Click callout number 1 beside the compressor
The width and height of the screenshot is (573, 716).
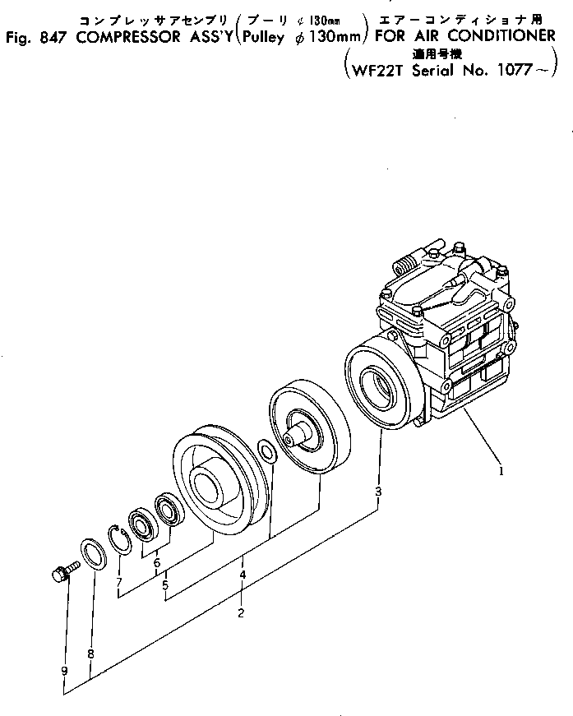500,473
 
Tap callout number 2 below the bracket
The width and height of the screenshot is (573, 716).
240,612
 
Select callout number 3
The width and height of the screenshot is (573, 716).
378,492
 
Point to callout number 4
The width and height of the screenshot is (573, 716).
243,575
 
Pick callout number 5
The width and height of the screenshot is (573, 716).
165,585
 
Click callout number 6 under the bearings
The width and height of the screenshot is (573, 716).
156,563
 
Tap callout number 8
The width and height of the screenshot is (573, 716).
90,654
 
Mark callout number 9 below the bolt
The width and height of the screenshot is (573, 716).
64,671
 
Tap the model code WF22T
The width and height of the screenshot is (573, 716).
372,70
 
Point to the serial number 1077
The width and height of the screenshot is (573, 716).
515,70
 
